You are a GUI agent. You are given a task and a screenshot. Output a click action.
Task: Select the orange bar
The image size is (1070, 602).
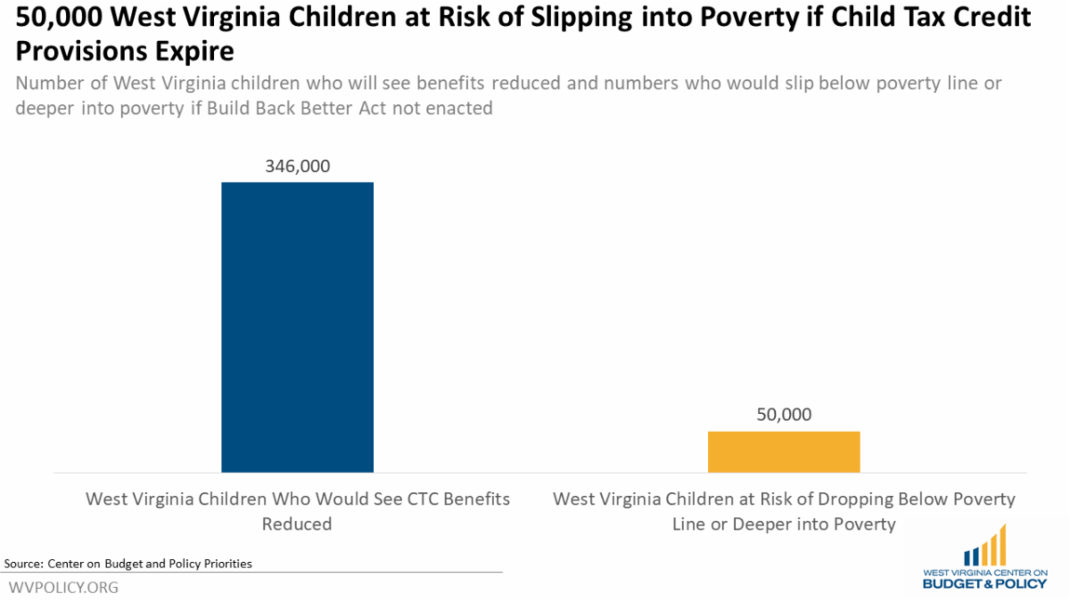784,451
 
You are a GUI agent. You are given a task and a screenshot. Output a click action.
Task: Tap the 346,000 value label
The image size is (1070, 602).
298,166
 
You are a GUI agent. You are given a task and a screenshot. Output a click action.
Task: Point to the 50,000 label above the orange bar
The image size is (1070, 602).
784,415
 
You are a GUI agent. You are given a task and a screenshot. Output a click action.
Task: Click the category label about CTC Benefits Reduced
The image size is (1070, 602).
297,510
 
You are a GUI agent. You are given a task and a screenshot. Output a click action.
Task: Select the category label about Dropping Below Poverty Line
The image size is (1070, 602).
784,510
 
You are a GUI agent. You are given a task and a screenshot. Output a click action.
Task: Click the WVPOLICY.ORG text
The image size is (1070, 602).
63,588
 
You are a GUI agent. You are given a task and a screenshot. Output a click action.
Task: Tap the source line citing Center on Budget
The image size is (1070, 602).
128,563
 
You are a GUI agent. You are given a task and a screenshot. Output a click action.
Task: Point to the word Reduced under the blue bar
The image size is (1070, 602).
297,524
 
